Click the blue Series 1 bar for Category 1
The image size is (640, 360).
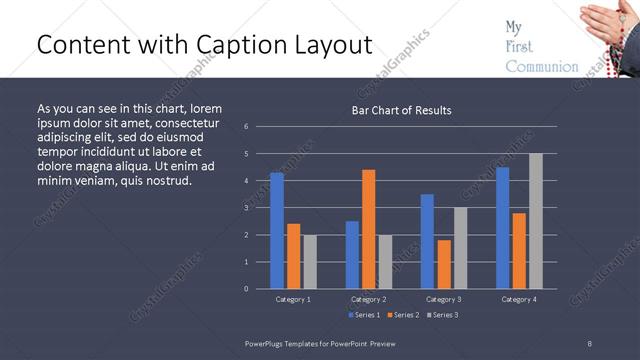(x=277, y=230)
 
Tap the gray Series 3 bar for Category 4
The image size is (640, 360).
(x=536, y=220)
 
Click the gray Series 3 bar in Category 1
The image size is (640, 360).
(x=310, y=261)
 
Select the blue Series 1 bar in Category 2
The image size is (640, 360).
(x=352, y=254)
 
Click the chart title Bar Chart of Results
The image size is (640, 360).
(x=401, y=110)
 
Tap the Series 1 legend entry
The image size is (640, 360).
(x=364, y=315)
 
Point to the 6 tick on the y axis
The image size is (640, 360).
(x=246, y=127)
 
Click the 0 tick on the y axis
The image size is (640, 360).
(x=246, y=289)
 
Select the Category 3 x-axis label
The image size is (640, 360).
(x=444, y=299)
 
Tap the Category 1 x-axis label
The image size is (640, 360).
(x=293, y=299)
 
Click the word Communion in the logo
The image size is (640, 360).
(x=542, y=67)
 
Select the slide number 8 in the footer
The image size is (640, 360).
(x=590, y=343)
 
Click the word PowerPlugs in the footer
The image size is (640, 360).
(x=267, y=343)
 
